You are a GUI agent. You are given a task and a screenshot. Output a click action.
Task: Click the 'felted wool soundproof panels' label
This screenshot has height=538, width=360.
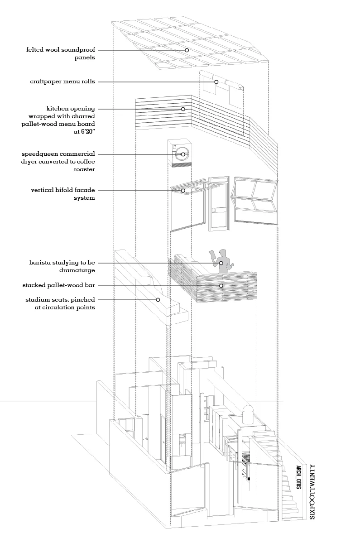point(61,53)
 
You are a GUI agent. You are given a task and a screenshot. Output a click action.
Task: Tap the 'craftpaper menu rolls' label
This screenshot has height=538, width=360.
point(62,82)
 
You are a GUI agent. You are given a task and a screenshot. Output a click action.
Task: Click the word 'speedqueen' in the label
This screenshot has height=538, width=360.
point(40,154)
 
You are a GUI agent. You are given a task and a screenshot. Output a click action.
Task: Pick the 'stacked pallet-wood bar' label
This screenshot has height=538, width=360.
point(58,286)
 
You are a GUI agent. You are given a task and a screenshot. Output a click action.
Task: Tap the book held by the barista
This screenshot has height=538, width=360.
point(211,254)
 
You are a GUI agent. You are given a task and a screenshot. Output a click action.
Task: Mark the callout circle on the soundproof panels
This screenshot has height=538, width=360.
point(186,50)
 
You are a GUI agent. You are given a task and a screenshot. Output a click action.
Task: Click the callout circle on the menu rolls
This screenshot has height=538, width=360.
point(216,82)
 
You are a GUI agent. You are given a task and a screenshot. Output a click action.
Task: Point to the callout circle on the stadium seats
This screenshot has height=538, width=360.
point(158,299)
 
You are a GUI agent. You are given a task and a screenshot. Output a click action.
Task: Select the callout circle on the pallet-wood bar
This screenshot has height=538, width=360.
point(221,286)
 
